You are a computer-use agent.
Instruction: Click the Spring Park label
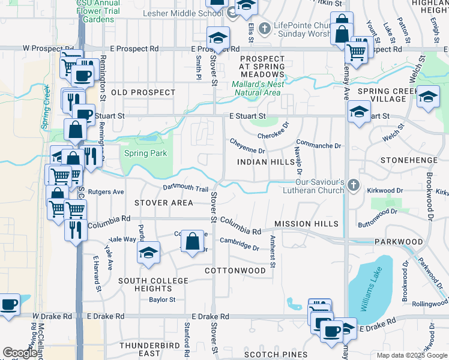coord(145,153)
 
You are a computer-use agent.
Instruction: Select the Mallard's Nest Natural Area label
coord(256,88)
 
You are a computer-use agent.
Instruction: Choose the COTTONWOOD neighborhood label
coord(235,271)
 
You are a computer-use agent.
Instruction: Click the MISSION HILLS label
coord(306,224)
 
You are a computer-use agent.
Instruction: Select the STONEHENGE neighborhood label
coord(406,161)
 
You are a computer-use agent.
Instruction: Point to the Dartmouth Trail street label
coord(185,188)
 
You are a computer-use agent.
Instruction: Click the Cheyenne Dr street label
coord(247,146)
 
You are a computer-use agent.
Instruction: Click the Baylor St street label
coord(162,299)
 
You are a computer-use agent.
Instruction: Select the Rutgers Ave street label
coord(106,193)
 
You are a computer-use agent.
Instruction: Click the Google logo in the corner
coord(20,353)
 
